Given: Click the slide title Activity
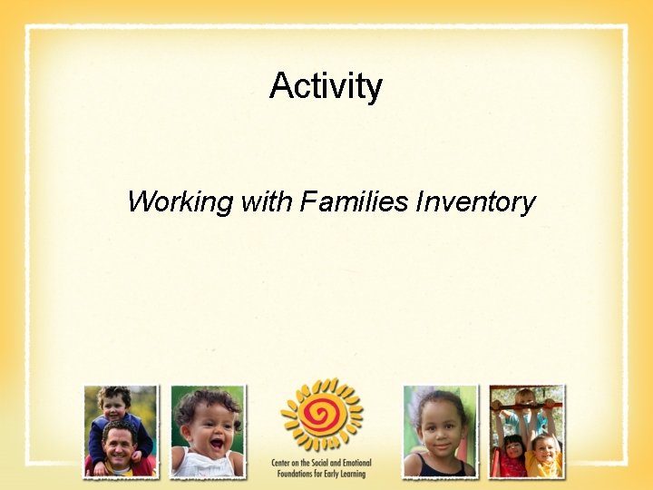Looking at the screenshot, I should click(326, 87).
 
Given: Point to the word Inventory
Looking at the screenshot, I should click(475, 201).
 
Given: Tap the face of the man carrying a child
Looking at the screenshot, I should click(119, 445).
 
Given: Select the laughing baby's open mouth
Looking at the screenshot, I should click(216, 446).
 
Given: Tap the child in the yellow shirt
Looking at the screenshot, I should click(544, 454).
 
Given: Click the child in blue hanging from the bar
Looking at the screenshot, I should click(525, 413).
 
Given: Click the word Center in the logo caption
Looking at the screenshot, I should click(282, 464).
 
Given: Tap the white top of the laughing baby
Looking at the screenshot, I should click(207, 466).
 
